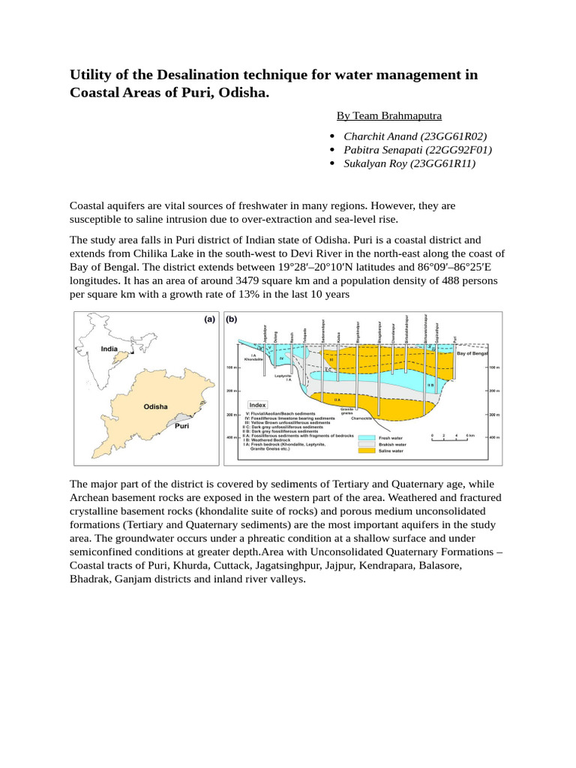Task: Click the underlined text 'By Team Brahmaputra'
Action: click(x=388, y=115)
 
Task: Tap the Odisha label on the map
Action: click(x=156, y=406)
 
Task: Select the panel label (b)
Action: click(x=232, y=319)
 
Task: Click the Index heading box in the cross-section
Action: click(x=258, y=404)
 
